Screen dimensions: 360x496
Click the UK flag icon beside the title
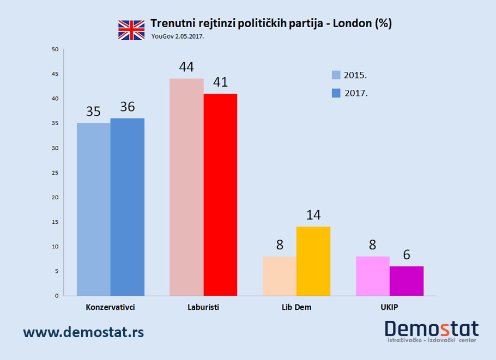(132, 30)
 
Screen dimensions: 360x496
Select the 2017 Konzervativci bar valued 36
(128, 207)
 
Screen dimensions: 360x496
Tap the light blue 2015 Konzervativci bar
(93, 209)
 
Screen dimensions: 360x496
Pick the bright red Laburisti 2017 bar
(220, 194)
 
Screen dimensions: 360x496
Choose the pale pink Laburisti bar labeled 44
(186, 187)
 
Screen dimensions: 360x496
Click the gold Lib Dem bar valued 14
(313, 261)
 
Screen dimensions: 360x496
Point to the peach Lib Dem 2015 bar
(280, 276)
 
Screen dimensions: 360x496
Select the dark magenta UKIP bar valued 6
(407, 280)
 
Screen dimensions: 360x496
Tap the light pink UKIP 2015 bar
(373, 276)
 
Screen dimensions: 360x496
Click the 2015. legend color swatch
(336, 75)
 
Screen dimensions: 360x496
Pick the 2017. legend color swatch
(336, 93)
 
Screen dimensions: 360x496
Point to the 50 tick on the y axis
(55, 50)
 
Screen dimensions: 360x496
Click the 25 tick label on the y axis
(55, 173)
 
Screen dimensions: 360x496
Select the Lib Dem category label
(297, 307)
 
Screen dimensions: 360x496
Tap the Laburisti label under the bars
(203, 307)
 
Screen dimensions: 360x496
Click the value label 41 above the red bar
(221, 82)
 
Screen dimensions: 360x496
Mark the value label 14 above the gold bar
(313, 215)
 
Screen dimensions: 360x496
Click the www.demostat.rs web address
(83, 332)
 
